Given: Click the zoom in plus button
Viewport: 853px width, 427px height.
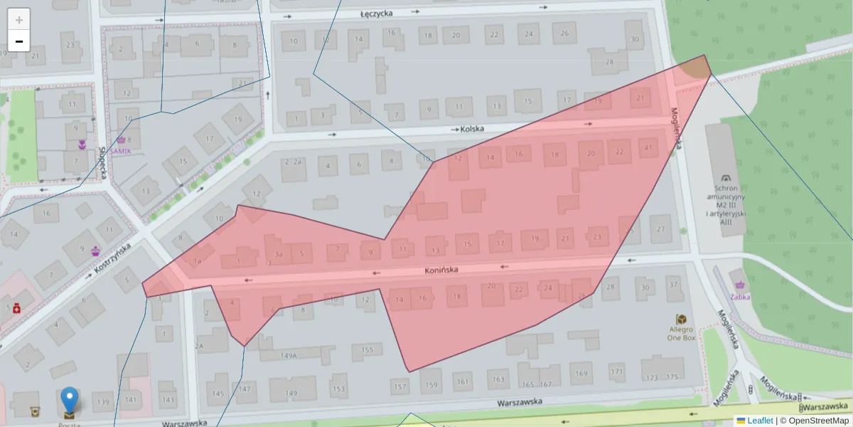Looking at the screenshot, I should (x=19, y=19).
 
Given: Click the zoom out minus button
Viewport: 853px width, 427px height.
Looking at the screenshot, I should (x=19, y=41).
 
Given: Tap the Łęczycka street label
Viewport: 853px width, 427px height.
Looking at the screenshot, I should (x=377, y=13).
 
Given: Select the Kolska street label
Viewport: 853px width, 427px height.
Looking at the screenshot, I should (x=472, y=129).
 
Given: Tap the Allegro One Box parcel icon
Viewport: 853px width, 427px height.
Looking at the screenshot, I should (x=681, y=319).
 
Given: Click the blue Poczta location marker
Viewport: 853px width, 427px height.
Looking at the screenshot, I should (x=69, y=400).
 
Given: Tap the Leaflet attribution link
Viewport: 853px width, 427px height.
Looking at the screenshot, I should (x=759, y=421).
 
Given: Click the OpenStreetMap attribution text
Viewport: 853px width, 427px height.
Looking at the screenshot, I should (x=818, y=421).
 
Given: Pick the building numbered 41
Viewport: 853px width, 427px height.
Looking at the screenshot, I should (x=647, y=148).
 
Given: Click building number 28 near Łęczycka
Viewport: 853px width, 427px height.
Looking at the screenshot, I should (x=609, y=62).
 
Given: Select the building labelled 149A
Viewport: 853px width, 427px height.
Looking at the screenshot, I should (x=288, y=355).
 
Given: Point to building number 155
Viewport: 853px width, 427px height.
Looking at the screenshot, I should (x=367, y=349).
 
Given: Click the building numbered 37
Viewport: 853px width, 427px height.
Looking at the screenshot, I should (x=672, y=285).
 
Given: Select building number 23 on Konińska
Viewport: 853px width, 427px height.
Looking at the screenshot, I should (x=598, y=237).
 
